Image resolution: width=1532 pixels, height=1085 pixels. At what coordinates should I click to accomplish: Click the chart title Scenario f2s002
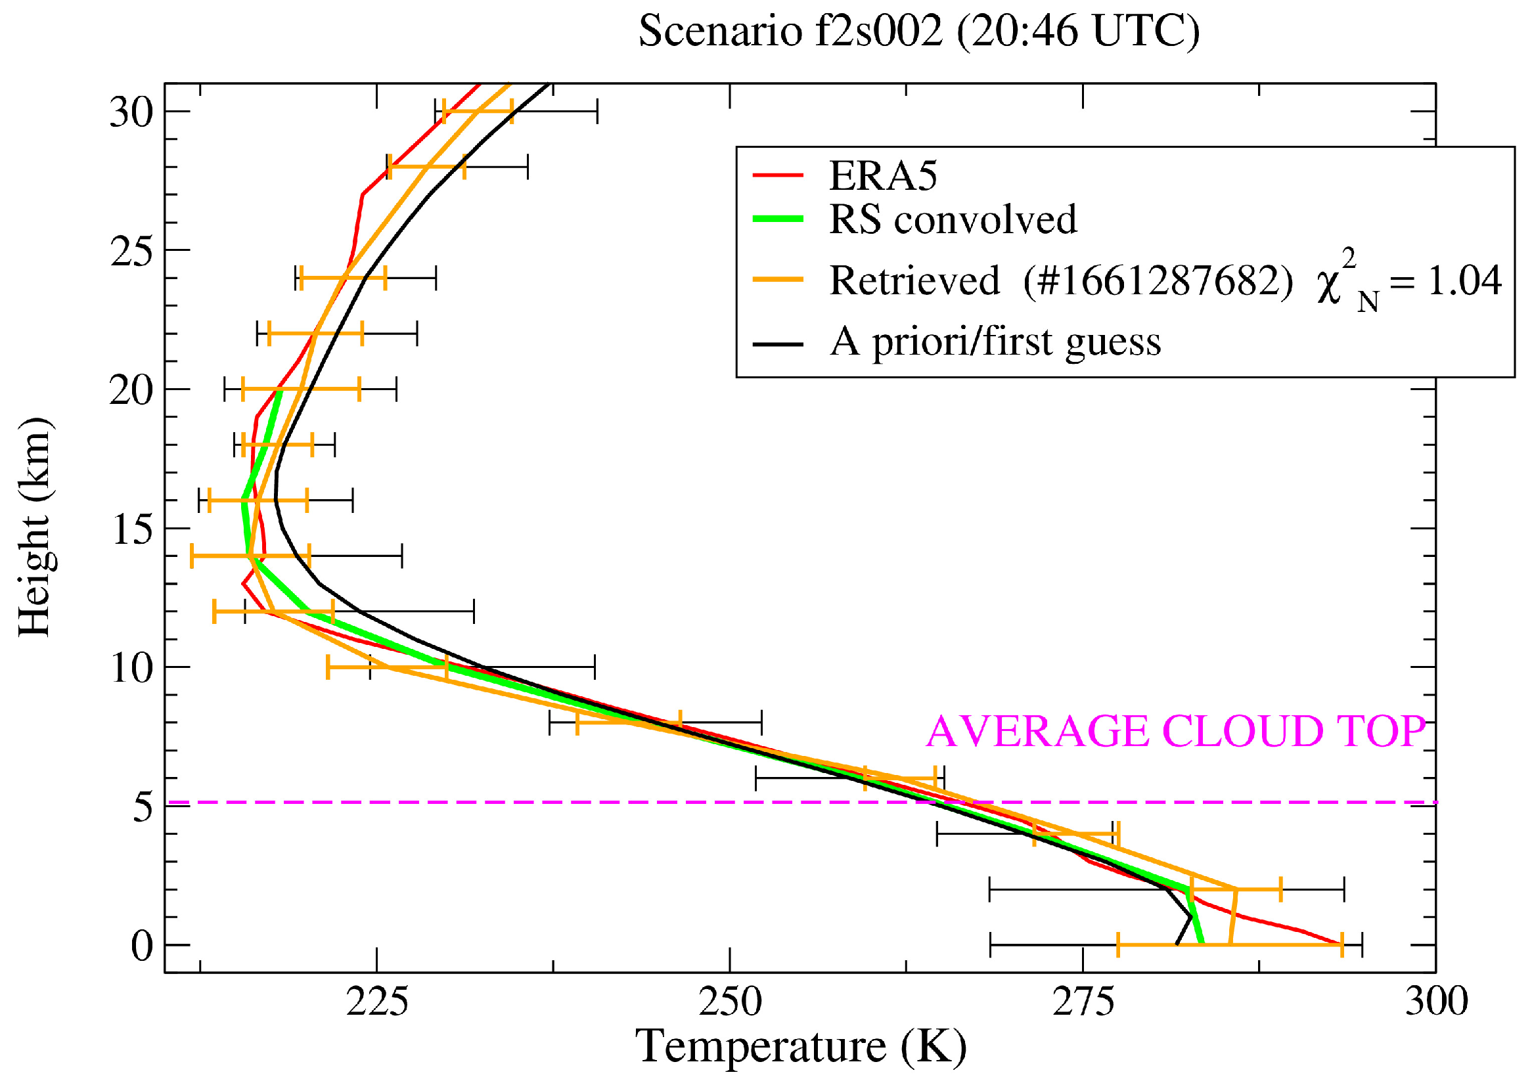point(918,31)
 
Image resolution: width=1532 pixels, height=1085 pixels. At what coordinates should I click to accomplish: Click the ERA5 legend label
point(882,176)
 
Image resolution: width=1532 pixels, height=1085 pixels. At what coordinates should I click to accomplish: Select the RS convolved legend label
point(953,219)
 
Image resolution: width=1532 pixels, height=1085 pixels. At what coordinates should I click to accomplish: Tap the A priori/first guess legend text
point(995,342)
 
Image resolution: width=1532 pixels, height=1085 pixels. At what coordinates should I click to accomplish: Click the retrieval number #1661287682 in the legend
point(1158,280)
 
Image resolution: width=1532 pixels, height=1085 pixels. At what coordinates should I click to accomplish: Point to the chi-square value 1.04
point(1464,280)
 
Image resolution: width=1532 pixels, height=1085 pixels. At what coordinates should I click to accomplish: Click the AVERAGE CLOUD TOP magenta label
point(1176,732)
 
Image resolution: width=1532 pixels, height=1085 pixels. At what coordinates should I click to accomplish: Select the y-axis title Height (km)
point(35,528)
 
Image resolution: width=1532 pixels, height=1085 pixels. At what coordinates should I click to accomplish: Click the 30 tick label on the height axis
point(131,112)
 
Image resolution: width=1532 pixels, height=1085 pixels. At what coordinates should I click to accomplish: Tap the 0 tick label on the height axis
point(142,946)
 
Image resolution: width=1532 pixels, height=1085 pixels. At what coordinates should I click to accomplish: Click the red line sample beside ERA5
point(778,175)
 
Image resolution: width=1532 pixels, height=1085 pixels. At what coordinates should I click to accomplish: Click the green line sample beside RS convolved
point(778,219)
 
